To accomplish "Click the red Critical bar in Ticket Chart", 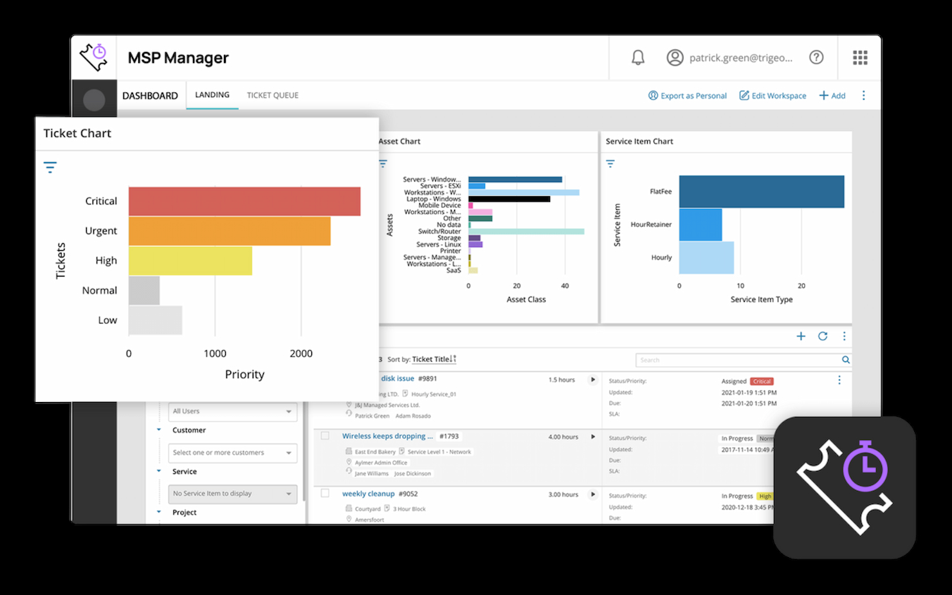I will coord(244,201).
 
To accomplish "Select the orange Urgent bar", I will coord(230,231).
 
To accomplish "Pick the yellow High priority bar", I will coord(190,261).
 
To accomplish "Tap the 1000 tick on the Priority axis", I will coord(215,353).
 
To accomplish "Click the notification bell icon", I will coord(637,58).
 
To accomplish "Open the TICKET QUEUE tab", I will coord(273,95).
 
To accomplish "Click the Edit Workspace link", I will coord(773,96).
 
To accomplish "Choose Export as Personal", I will coord(687,96).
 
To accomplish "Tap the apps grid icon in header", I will coord(860,58).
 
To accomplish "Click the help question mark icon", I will coord(816,57).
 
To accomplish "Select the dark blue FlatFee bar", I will coord(762,192).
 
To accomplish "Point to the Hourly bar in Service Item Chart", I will coord(706,257).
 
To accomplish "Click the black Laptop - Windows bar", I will coord(509,199).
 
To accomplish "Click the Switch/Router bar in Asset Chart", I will coord(526,232).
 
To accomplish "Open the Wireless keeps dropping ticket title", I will coord(387,436).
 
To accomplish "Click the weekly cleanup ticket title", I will coord(368,494).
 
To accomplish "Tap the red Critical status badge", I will coord(762,381).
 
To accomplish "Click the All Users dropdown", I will coord(232,411).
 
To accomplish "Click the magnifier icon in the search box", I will coord(846,360).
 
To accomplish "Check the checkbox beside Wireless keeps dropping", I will coord(325,436).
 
